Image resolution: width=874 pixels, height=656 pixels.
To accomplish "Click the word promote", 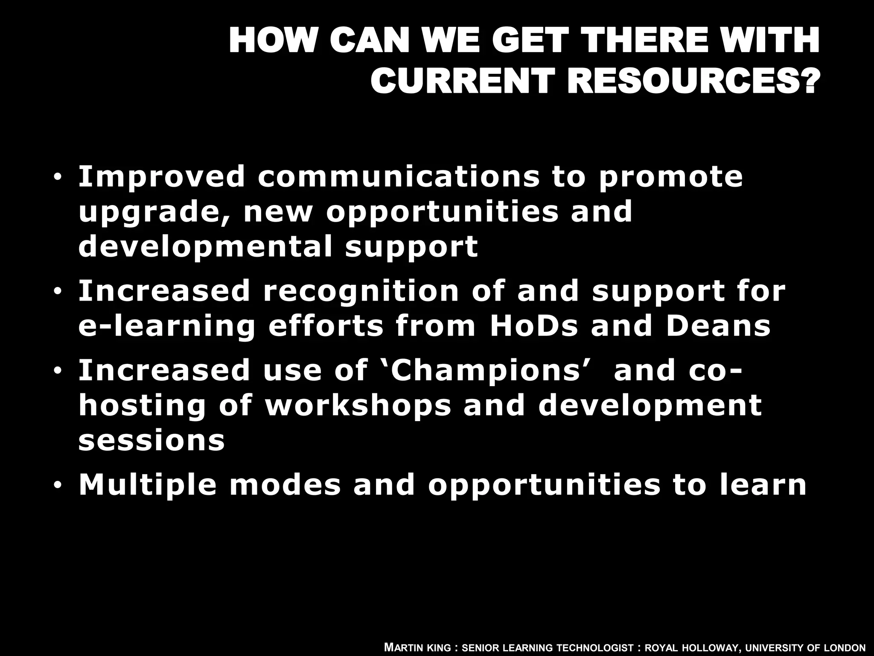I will point(670,177).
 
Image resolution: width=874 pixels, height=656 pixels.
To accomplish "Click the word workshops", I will point(358,406).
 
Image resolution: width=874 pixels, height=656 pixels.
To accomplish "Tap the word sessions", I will point(151,441).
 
